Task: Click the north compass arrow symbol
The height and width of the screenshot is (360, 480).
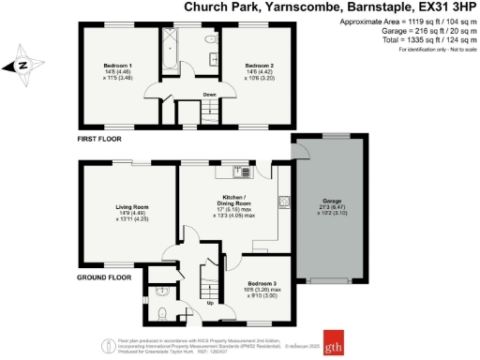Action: click(x=20, y=65)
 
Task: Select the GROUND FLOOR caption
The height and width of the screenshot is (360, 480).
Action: click(x=104, y=277)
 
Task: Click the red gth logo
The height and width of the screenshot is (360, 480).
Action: click(x=335, y=340)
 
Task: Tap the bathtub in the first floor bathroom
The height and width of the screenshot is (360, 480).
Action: click(x=171, y=50)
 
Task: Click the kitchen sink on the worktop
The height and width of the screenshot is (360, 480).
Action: click(x=242, y=172)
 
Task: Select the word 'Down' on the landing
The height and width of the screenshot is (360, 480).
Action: click(x=210, y=94)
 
